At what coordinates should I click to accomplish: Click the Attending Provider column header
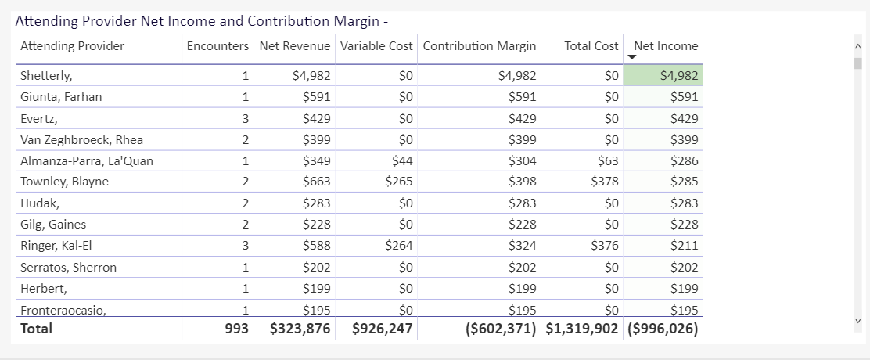72,46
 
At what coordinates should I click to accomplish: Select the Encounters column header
217,46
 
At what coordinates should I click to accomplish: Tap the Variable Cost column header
376,46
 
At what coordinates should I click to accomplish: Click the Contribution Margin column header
480,46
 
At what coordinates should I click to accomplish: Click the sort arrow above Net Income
632,57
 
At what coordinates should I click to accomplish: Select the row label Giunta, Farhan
61,97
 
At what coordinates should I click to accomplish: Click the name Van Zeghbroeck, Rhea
81,140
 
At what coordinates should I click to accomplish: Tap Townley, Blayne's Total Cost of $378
605,182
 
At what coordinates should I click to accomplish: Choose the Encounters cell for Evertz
245,119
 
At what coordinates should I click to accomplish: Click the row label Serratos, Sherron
68,268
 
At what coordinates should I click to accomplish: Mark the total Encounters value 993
237,329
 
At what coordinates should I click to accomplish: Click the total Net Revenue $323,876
300,329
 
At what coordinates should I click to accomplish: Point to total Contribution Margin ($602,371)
501,329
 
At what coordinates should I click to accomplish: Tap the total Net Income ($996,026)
663,329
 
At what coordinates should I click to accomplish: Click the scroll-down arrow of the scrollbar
857,321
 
